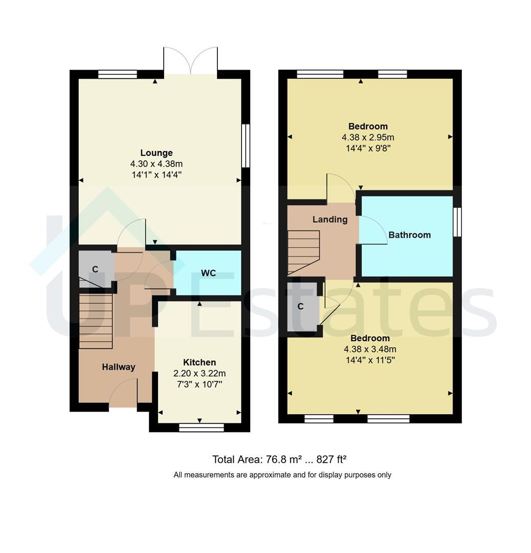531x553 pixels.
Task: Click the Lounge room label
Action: pyautogui.click(x=157, y=153)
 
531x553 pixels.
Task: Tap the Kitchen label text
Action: pyautogui.click(x=200, y=362)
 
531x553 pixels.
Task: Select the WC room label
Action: pyautogui.click(x=208, y=273)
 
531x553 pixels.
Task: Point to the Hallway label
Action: pyautogui.click(x=119, y=367)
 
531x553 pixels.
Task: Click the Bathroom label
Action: pyautogui.click(x=409, y=235)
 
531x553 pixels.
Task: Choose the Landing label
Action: pyautogui.click(x=330, y=219)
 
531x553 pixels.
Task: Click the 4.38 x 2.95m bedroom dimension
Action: pyautogui.click(x=368, y=137)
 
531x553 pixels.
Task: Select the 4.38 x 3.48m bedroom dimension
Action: pyautogui.click(x=370, y=349)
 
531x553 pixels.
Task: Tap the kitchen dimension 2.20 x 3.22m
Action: pyautogui.click(x=200, y=373)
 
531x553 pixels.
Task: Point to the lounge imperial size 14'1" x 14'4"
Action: pyautogui.click(x=157, y=175)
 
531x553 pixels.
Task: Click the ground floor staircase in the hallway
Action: pyautogui.click(x=96, y=321)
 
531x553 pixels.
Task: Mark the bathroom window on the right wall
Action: pyautogui.click(x=457, y=222)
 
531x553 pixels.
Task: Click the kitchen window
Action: pyautogui.click(x=201, y=428)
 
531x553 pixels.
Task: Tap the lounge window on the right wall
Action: pyautogui.click(x=246, y=145)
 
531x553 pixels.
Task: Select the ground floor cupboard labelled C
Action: pyautogui.click(x=96, y=269)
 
